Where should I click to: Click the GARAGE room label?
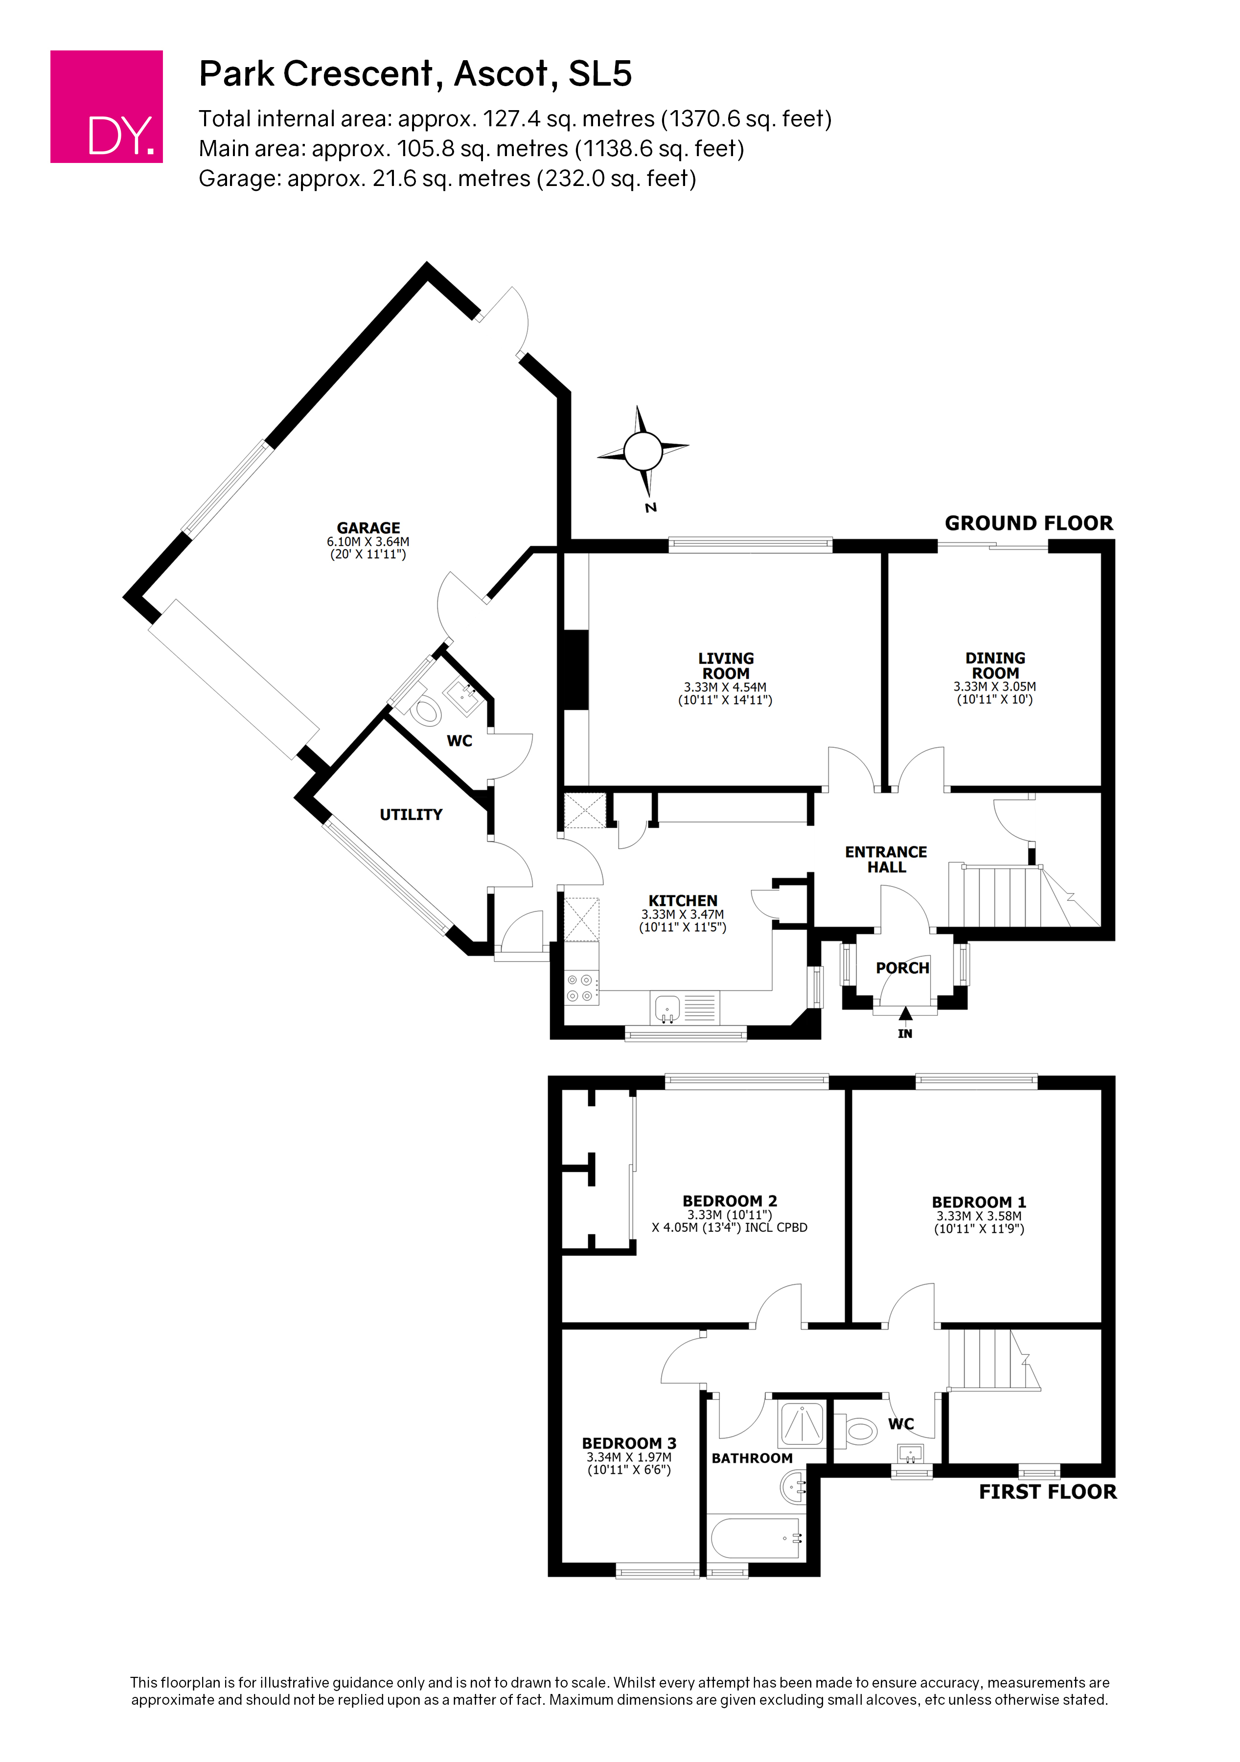[x=368, y=528]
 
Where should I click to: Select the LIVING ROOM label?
[x=726, y=665]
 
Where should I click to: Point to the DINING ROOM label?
[x=995, y=665]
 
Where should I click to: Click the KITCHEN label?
[x=683, y=900]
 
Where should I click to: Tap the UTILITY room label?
[x=411, y=814]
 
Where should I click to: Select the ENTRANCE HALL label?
[x=886, y=859]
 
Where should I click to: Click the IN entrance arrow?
[x=905, y=1015]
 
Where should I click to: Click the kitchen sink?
[x=667, y=1008]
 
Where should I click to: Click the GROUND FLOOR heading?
[x=1028, y=523]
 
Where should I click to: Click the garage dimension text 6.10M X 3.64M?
[x=368, y=542]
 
